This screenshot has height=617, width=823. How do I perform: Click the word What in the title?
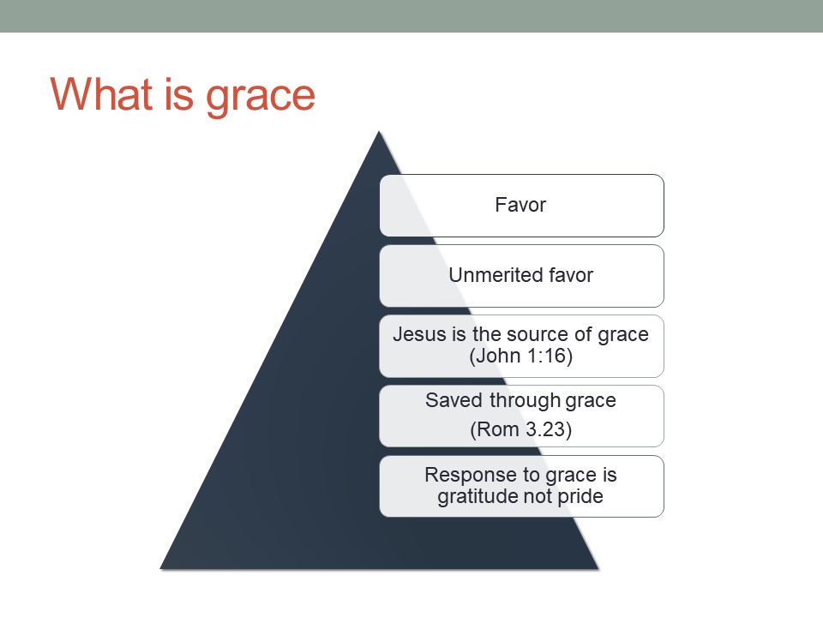(102, 94)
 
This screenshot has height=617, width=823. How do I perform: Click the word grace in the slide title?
(261, 98)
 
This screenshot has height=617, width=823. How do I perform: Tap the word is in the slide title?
(179, 94)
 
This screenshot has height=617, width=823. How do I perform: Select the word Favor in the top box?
(520, 205)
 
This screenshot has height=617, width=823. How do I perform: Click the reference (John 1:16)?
(520, 356)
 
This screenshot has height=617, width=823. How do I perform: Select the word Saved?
(454, 400)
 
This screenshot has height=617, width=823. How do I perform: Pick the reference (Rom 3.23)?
(520, 429)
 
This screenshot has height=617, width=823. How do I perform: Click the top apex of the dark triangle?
(379, 132)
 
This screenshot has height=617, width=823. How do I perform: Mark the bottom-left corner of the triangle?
(160, 569)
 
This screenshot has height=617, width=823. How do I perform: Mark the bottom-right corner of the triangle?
(598, 569)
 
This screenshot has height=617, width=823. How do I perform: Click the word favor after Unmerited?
(570, 275)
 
